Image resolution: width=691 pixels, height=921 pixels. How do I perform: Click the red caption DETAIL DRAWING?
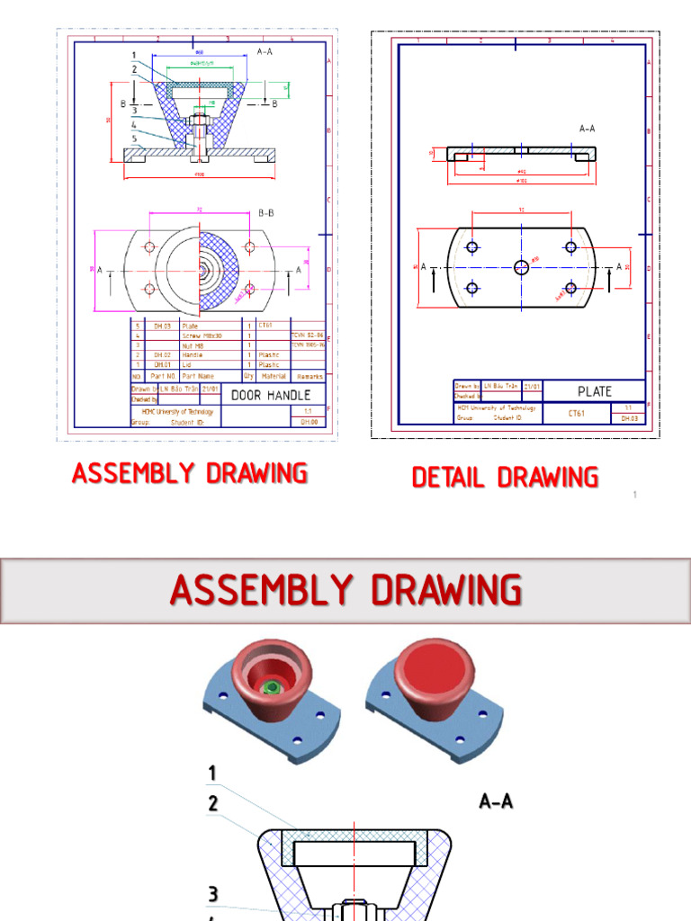coord(505,477)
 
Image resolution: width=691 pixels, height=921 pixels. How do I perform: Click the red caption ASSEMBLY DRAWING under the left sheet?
coord(190,472)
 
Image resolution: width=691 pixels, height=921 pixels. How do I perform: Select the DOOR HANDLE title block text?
coord(271,395)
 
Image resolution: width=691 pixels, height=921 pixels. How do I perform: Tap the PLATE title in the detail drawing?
coord(594,391)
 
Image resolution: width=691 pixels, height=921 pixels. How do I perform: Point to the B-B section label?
coord(266,213)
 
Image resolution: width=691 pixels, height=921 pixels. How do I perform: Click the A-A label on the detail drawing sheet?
coord(588,129)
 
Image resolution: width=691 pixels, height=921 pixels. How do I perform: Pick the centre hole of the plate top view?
coord(522,266)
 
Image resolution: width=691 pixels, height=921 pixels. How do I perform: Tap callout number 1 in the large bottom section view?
coord(213,773)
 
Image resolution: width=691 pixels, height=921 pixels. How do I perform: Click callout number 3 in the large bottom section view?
coord(213,893)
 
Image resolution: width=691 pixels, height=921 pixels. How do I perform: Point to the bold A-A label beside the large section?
coord(496,800)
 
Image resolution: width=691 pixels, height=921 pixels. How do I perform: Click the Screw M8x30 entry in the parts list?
coord(202,335)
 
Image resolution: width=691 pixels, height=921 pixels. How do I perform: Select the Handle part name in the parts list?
coord(192,354)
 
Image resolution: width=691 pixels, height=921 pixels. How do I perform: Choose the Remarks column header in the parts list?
coord(306,375)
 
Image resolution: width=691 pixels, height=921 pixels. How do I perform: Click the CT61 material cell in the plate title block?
coord(577,413)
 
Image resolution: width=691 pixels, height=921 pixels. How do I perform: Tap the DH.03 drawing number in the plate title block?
coord(628,418)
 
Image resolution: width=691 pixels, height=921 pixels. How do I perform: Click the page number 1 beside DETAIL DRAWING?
coord(634,495)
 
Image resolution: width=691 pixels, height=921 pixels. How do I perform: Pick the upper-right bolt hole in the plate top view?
coord(570,246)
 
